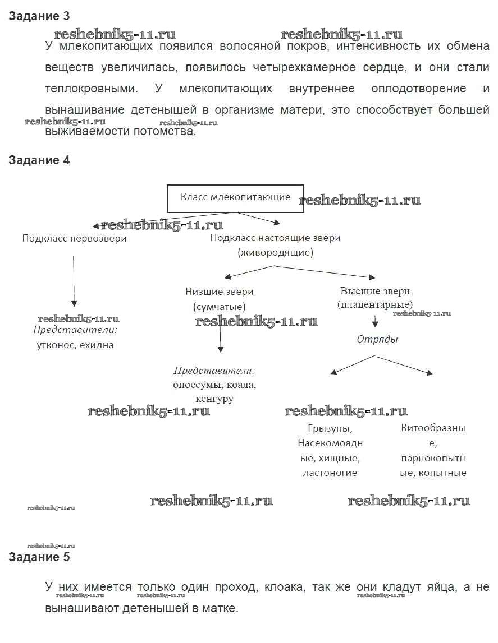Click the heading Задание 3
coord(39,16)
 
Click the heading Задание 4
coord(39,160)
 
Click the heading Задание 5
coord(39,557)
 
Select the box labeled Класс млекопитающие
coord(235,198)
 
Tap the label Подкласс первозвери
coord(74,238)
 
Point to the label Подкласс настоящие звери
coord(275,238)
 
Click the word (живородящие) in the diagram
coord(275,252)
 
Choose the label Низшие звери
coord(219,292)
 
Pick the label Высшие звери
coord(374,291)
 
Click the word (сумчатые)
coord(219,307)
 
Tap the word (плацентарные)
coord(374,304)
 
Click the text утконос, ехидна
coord(74,345)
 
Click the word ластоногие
coord(330,473)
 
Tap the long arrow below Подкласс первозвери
coord(74,280)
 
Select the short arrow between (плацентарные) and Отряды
coord(375,321)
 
